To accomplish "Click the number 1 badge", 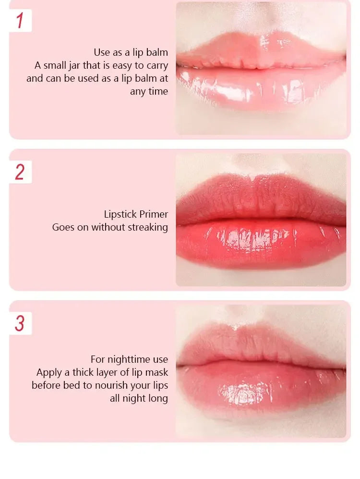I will [x=20, y=21].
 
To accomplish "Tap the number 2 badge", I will [x=20, y=172].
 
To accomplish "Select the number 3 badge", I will [x=20, y=323].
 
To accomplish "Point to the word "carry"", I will [x=156, y=65].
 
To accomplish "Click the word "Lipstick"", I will [x=120, y=214].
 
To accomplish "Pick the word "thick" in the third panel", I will [x=84, y=372].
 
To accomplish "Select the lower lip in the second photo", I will [x=259, y=245].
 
